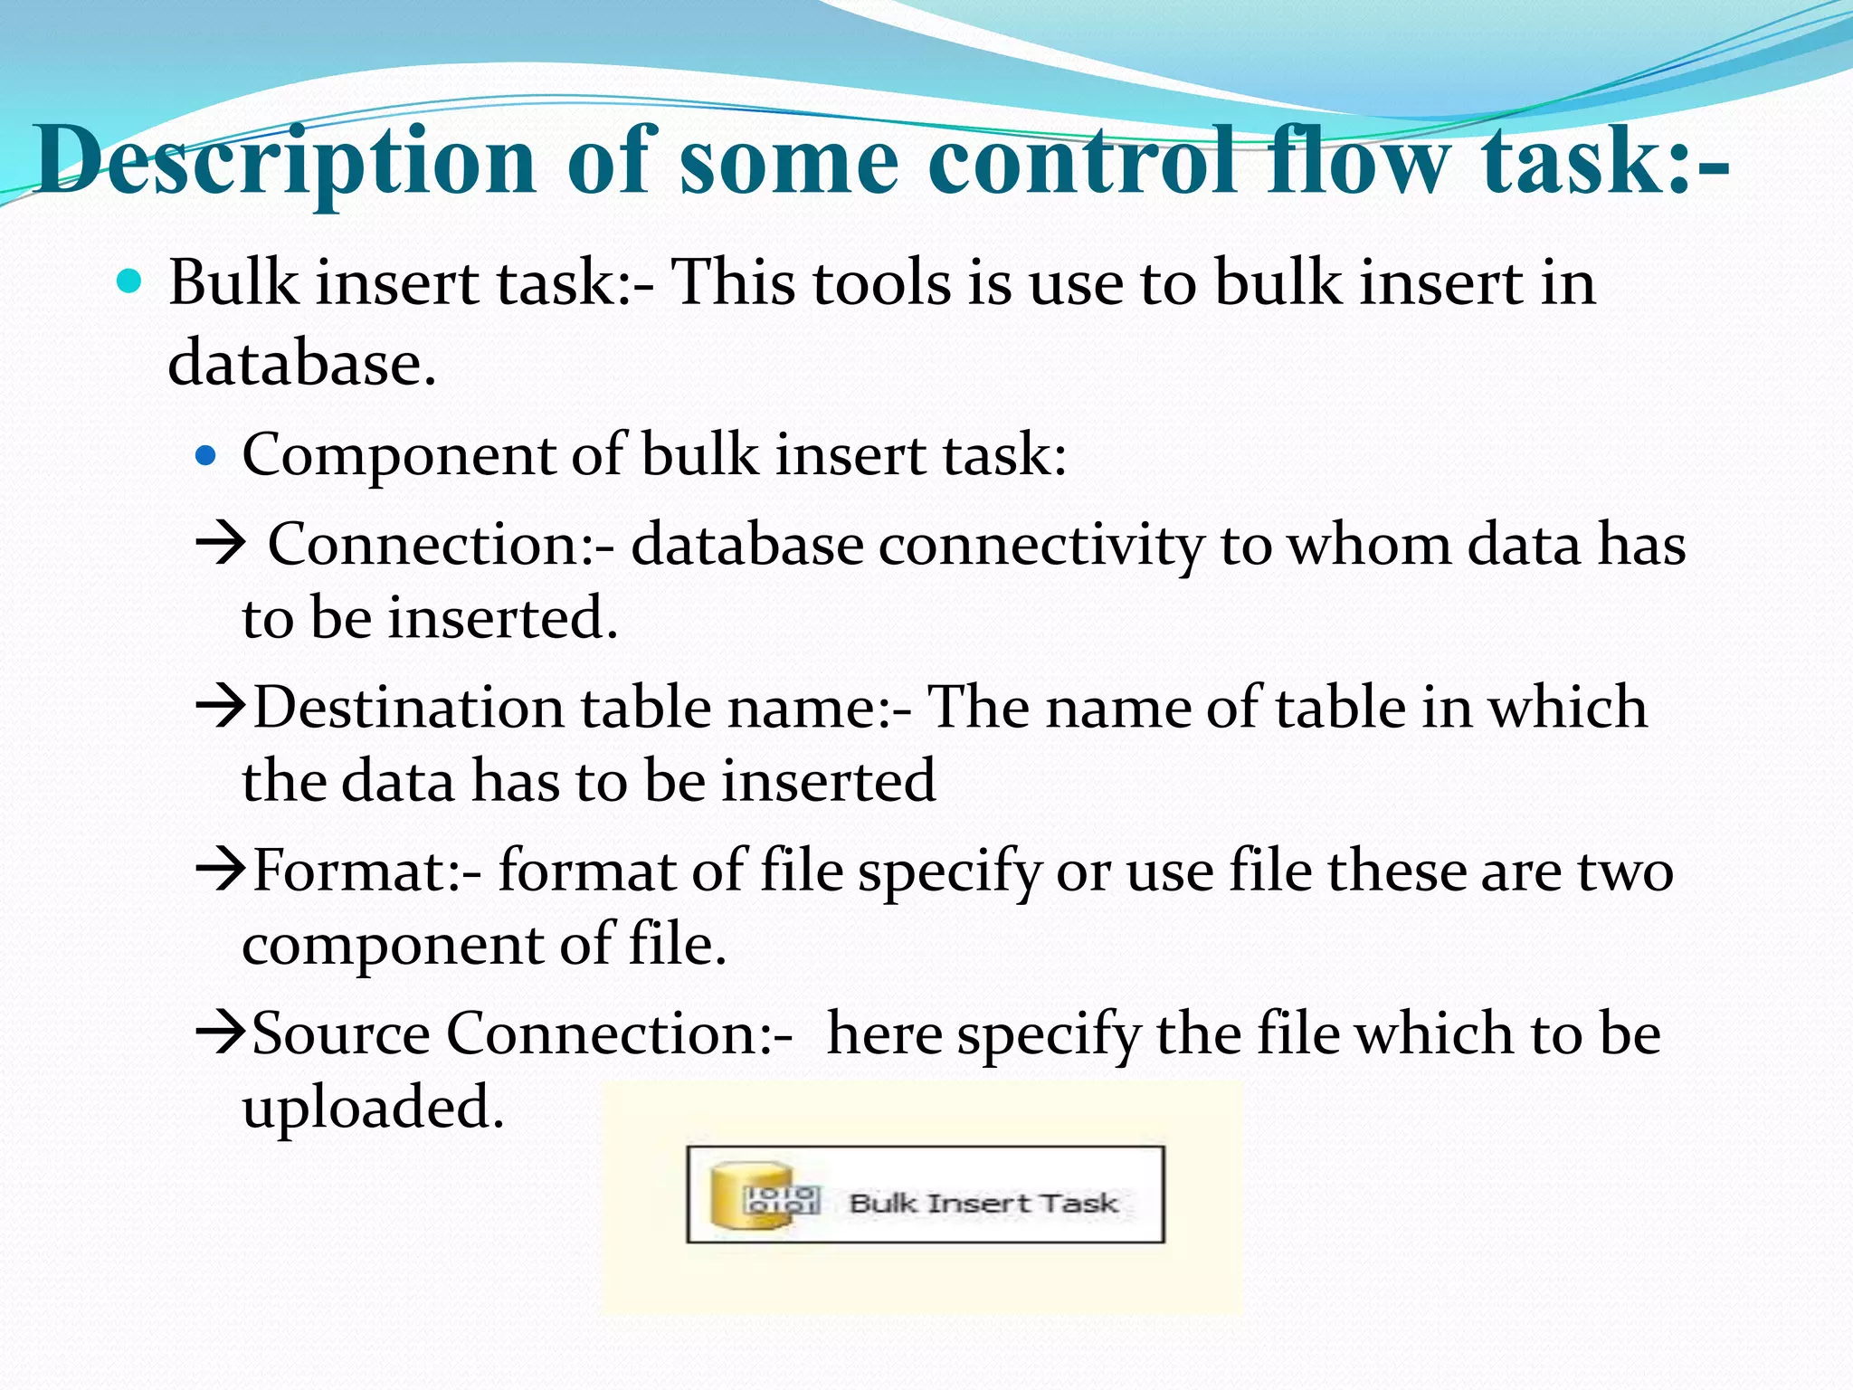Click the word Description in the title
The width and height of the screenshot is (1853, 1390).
point(286,160)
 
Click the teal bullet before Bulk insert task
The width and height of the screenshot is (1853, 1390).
point(130,282)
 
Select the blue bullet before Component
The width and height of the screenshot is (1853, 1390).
point(207,454)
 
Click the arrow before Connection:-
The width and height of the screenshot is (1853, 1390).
point(221,544)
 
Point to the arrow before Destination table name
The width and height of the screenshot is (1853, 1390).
point(221,708)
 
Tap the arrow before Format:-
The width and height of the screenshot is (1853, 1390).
point(221,871)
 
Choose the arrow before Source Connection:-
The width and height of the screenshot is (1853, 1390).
point(221,1033)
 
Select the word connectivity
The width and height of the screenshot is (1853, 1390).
point(1041,546)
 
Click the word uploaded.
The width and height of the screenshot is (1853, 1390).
point(372,1108)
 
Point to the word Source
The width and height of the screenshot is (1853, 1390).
point(341,1033)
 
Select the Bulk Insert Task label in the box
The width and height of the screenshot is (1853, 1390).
point(984,1204)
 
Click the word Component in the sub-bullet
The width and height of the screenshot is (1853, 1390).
point(397,454)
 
